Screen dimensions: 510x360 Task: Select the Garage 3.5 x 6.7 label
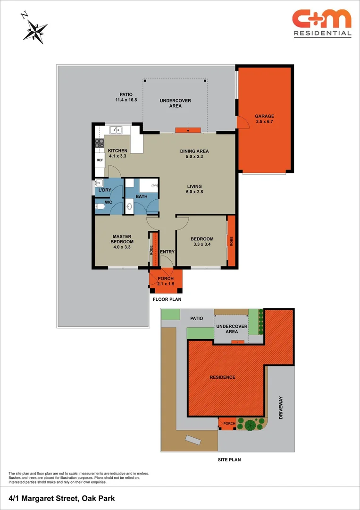[x=264, y=119]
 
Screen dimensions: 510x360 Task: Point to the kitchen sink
[x=114, y=130]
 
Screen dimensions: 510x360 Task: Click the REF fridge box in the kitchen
[x=100, y=160]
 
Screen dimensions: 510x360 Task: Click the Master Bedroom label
[x=121, y=241]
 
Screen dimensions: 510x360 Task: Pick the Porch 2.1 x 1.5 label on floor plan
[x=166, y=281]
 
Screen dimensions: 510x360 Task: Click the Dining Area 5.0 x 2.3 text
[x=194, y=154]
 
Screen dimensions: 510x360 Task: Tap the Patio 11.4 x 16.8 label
[x=129, y=97]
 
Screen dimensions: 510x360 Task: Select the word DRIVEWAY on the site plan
[x=282, y=408]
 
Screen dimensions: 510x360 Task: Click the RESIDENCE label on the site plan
[x=223, y=377]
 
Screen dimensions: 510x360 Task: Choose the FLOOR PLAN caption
[x=167, y=299]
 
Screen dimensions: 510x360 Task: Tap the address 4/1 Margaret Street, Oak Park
[x=62, y=498]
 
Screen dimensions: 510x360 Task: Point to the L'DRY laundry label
[x=105, y=190]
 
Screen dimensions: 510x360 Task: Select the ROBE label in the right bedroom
[x=231, y=241]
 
